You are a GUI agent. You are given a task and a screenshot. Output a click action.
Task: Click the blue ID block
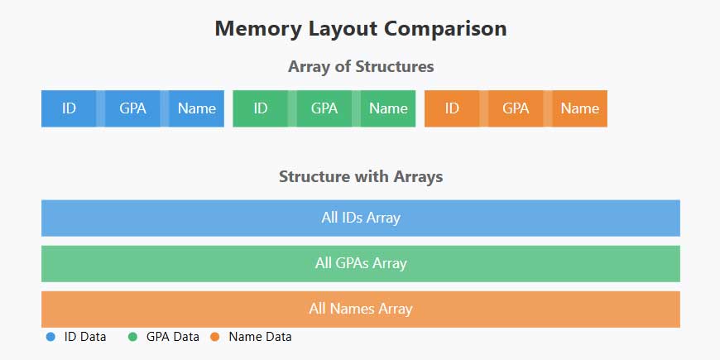pos(69,108)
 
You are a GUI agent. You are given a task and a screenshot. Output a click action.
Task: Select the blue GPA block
pos(132,108)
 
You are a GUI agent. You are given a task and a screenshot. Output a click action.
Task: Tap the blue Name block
pos(196,108)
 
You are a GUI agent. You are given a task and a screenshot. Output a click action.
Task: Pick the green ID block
pos(260,108)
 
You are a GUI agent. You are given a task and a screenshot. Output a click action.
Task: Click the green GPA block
pos(324,108)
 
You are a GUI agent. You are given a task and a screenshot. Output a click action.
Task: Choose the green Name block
pos(388,108)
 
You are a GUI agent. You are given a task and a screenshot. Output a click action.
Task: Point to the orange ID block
pos(452,108)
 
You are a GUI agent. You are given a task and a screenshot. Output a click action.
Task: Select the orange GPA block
pos(516,108)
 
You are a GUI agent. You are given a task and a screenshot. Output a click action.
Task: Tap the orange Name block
pos(579,108)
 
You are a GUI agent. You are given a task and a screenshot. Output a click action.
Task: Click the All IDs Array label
pos(361,218)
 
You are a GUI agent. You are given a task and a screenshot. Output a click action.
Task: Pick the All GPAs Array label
pos(361,264)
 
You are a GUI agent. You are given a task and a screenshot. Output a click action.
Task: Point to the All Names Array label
pos(361,310)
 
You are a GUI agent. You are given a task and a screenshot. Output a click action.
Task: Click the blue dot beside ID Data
pos(50,337)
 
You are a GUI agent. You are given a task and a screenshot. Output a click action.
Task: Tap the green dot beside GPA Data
pos(132,337)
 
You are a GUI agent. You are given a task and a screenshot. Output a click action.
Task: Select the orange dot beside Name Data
pos(214,337)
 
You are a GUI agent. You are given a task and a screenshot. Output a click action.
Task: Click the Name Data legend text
pos(260,337)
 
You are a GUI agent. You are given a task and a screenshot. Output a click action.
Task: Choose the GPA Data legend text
pos(172,337)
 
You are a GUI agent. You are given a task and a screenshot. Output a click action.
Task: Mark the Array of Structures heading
pos(361,67)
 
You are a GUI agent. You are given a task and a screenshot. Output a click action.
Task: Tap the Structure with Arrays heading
pos(361,176)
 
